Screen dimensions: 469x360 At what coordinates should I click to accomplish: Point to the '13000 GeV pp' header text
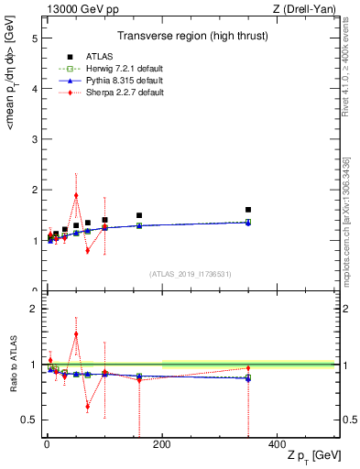coord(76,9)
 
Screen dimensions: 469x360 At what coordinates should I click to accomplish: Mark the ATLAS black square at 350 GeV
coord(248,210)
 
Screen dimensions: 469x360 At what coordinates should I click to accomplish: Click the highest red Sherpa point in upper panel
coord(76,195)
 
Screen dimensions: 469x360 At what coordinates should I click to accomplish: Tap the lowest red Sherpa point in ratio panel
coord(87,407)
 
